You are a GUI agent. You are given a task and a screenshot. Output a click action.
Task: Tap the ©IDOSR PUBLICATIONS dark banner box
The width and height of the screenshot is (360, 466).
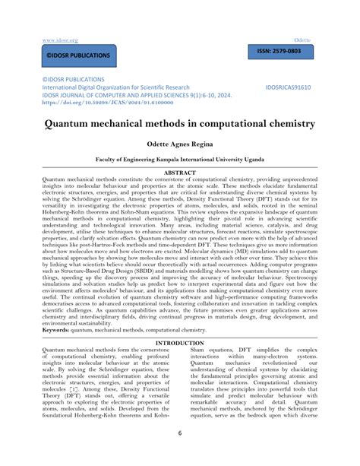68,55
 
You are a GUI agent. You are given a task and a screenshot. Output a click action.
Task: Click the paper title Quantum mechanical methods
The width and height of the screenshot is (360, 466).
178,122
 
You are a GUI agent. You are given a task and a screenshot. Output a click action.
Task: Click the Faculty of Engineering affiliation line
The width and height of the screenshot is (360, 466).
179,160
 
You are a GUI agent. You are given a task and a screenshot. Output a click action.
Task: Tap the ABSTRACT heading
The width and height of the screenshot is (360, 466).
180,173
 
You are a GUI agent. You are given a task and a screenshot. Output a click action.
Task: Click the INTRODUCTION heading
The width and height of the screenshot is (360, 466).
180,343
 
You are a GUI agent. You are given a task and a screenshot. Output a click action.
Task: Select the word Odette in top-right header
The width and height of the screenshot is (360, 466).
305,39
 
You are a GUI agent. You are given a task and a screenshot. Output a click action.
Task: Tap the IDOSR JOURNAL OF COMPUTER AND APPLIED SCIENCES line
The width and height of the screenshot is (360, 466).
125,94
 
